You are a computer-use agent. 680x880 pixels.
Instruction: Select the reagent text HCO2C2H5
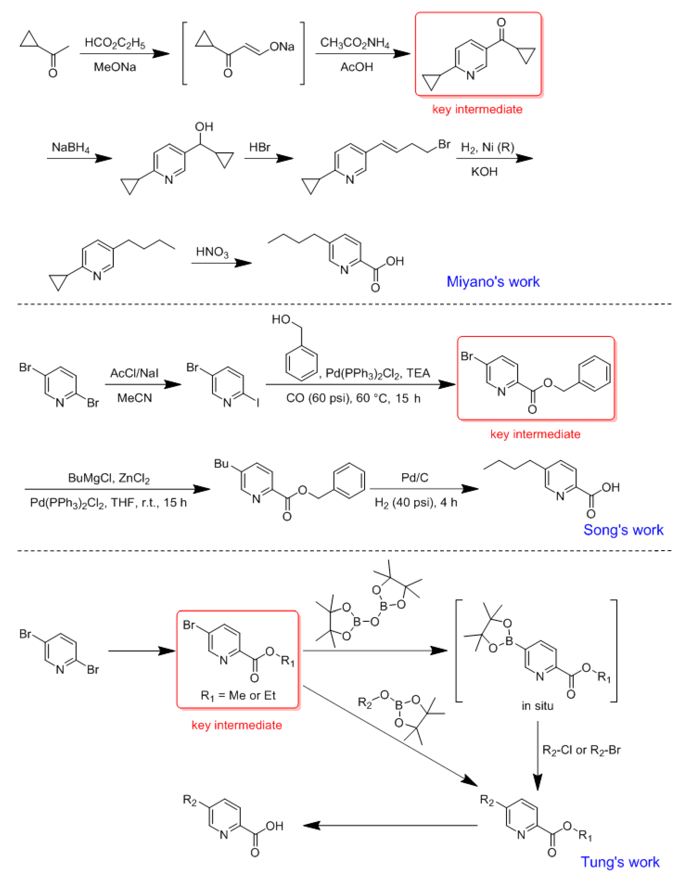[115, 43]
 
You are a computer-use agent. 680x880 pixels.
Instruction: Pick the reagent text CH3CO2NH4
[355, 43]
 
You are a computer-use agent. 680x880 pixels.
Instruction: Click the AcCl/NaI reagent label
[134, 373]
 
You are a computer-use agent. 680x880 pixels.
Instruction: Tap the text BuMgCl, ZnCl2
[109, 478]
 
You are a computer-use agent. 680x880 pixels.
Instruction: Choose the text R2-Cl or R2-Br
[581, 750]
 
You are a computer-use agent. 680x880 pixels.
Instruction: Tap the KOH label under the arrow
[484, 172]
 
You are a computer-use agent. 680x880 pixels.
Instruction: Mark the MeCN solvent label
[135, 398]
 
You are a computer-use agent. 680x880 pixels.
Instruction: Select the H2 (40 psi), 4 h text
[416, 503]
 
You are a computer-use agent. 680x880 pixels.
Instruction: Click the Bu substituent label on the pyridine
[221, 464]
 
